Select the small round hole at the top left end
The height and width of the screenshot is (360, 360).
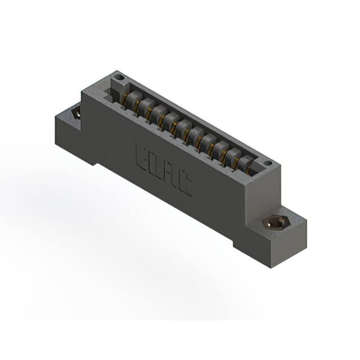click(x=118, y=77)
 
